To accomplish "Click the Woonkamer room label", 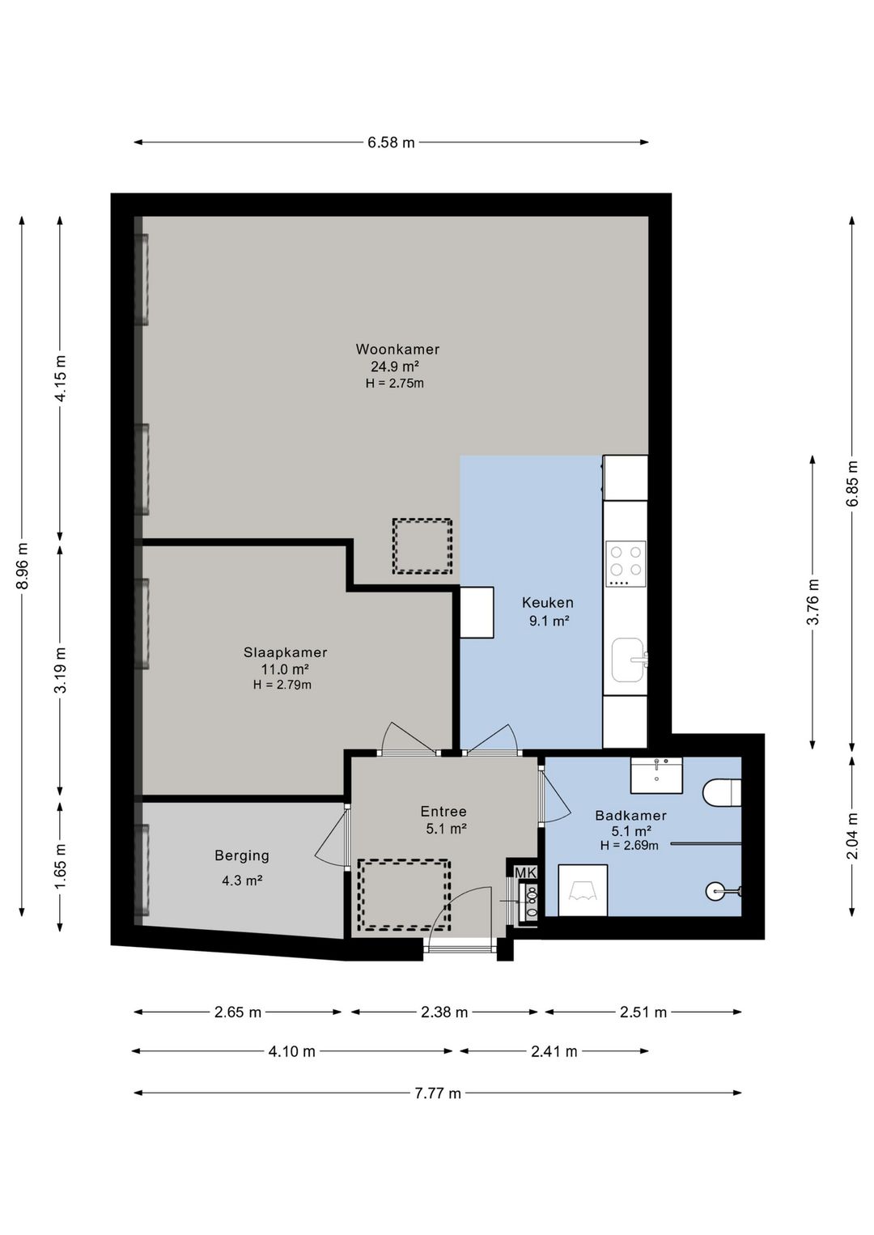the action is (397, 349).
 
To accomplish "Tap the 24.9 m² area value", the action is (395, 366).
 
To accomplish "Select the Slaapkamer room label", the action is (285, 652).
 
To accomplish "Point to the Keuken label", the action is (548, 603).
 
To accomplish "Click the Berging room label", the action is (242, 855).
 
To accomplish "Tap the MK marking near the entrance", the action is (524, 872).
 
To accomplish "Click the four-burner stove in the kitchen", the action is (626, 563).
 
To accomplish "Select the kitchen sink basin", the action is (627, 660).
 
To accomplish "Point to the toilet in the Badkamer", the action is (722, 792).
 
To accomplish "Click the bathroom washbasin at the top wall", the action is (656, 775).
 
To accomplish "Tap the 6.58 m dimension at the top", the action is (391, 142).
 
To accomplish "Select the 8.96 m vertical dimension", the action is (22, 566).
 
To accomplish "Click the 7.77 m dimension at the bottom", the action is (438, 1093).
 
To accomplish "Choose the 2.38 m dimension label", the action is (444, 1012).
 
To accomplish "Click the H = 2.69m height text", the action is (629, 845).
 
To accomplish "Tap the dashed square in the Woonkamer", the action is (422, 545).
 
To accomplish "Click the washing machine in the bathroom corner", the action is (583, 890).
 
